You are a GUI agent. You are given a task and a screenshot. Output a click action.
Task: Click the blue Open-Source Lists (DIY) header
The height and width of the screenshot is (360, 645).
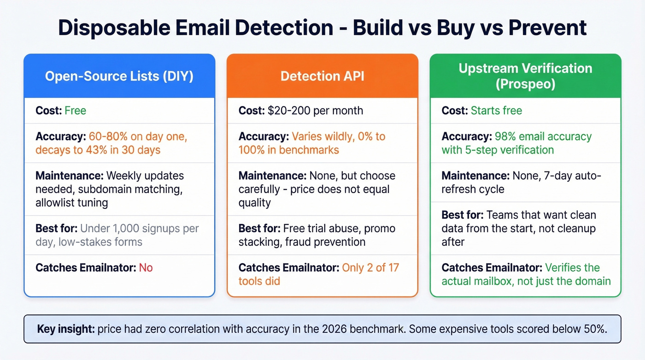pyautogui.click(x=119, y=76)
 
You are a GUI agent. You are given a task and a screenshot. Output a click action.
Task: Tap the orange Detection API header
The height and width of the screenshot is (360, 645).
pyautogui.click(x=322, y=76)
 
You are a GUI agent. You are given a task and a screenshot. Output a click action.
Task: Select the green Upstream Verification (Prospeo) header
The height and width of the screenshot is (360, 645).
pyautogui.click(x=525, y=76)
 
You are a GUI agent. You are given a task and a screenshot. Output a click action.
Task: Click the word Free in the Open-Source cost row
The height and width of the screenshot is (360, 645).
pyautogui.click(x=75, y=111)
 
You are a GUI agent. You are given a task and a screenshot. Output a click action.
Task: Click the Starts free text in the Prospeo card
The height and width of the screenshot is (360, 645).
pyautogui.click(x=496, y=111)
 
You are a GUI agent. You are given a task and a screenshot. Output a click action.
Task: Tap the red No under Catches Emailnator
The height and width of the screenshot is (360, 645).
pyautogui.click(x=146, y=268)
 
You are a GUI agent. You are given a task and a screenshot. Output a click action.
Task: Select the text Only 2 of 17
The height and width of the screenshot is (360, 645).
pyautogui.click(x=370, y=268)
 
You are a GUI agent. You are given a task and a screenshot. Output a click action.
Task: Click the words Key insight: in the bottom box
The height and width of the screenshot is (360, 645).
pyautogui.click(x=65, y=330)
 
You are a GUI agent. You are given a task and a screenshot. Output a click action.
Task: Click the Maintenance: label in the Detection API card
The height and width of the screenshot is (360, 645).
pyautogui.click(x=271, y=176)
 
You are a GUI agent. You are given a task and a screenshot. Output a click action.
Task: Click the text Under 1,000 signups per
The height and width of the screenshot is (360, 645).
pyautogui.click(x=139, y=229)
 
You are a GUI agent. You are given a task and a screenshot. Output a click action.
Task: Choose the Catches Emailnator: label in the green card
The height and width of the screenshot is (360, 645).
pyautogui.click(x=492, y=268)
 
